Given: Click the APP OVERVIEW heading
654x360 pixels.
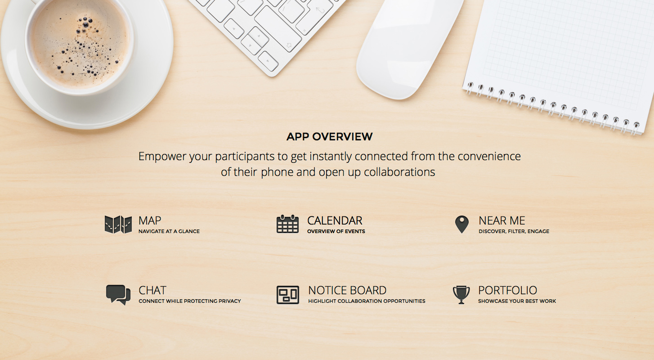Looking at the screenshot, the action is pyautogui.click(x=329, y=137).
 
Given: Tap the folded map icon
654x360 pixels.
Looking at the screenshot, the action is pyautogui.click(x=118, y=225).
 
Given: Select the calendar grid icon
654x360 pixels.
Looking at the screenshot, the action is pyautogui.click(x=287, y=224).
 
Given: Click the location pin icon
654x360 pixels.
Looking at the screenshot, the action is pyautogui.click(x=462, y=225).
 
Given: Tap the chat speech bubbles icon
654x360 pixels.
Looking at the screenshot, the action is pyautogui.click(x=118, y=295).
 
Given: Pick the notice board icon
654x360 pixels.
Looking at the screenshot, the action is pyautogui.click(x=288, y=295).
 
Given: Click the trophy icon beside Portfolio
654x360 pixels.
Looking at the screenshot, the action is pyautogui.click(x=461, y=295).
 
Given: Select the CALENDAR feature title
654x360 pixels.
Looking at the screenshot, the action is pyautogui.click(x=335, y=220).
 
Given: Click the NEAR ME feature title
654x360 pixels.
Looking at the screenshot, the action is pyautogui.click(x=502, y=220).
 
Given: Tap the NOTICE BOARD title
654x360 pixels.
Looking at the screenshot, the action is pyautogui.click(x=347, y=290).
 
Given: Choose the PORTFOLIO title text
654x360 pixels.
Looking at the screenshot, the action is pyautogui.click(x=507, y=290).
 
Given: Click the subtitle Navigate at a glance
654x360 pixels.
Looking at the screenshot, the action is pyautogui.click(x=169, y=231).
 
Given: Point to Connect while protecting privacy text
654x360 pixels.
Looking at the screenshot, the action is pyautogui.click(x=190, y=301).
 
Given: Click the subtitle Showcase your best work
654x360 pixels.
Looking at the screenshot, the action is pyautogui.click(x=517, y=301).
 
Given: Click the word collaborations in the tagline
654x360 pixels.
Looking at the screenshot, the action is pyautogui.click(x=399, y=172).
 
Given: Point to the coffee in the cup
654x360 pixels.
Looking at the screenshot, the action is pyautogui.click(x=80, y=43).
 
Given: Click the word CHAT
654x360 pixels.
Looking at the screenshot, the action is pyautogui.click(x=152, y=290).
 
